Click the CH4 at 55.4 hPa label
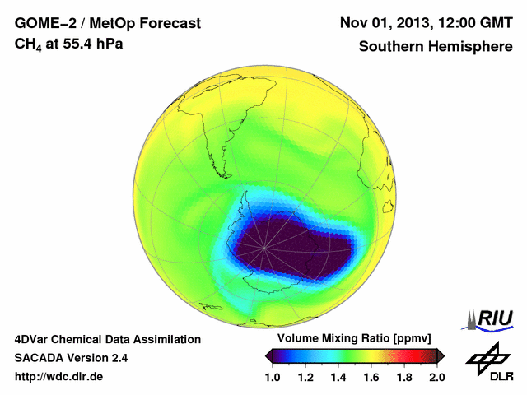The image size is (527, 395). coord(69,44)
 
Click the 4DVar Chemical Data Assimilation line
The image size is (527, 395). coord(107,339)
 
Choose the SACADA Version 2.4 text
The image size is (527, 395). coord(71,358)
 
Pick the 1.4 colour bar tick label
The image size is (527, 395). coord(338,377)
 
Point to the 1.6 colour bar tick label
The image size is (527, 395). coord(371,377)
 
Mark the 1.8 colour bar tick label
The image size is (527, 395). coord(403,377)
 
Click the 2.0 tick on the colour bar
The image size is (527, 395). coord(436,377)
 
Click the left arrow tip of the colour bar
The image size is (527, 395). coord(268,355)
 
